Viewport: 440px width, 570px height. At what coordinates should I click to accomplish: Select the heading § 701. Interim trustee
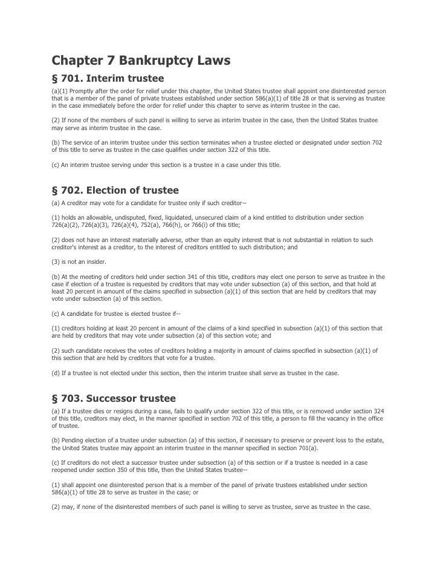point(108,79)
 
